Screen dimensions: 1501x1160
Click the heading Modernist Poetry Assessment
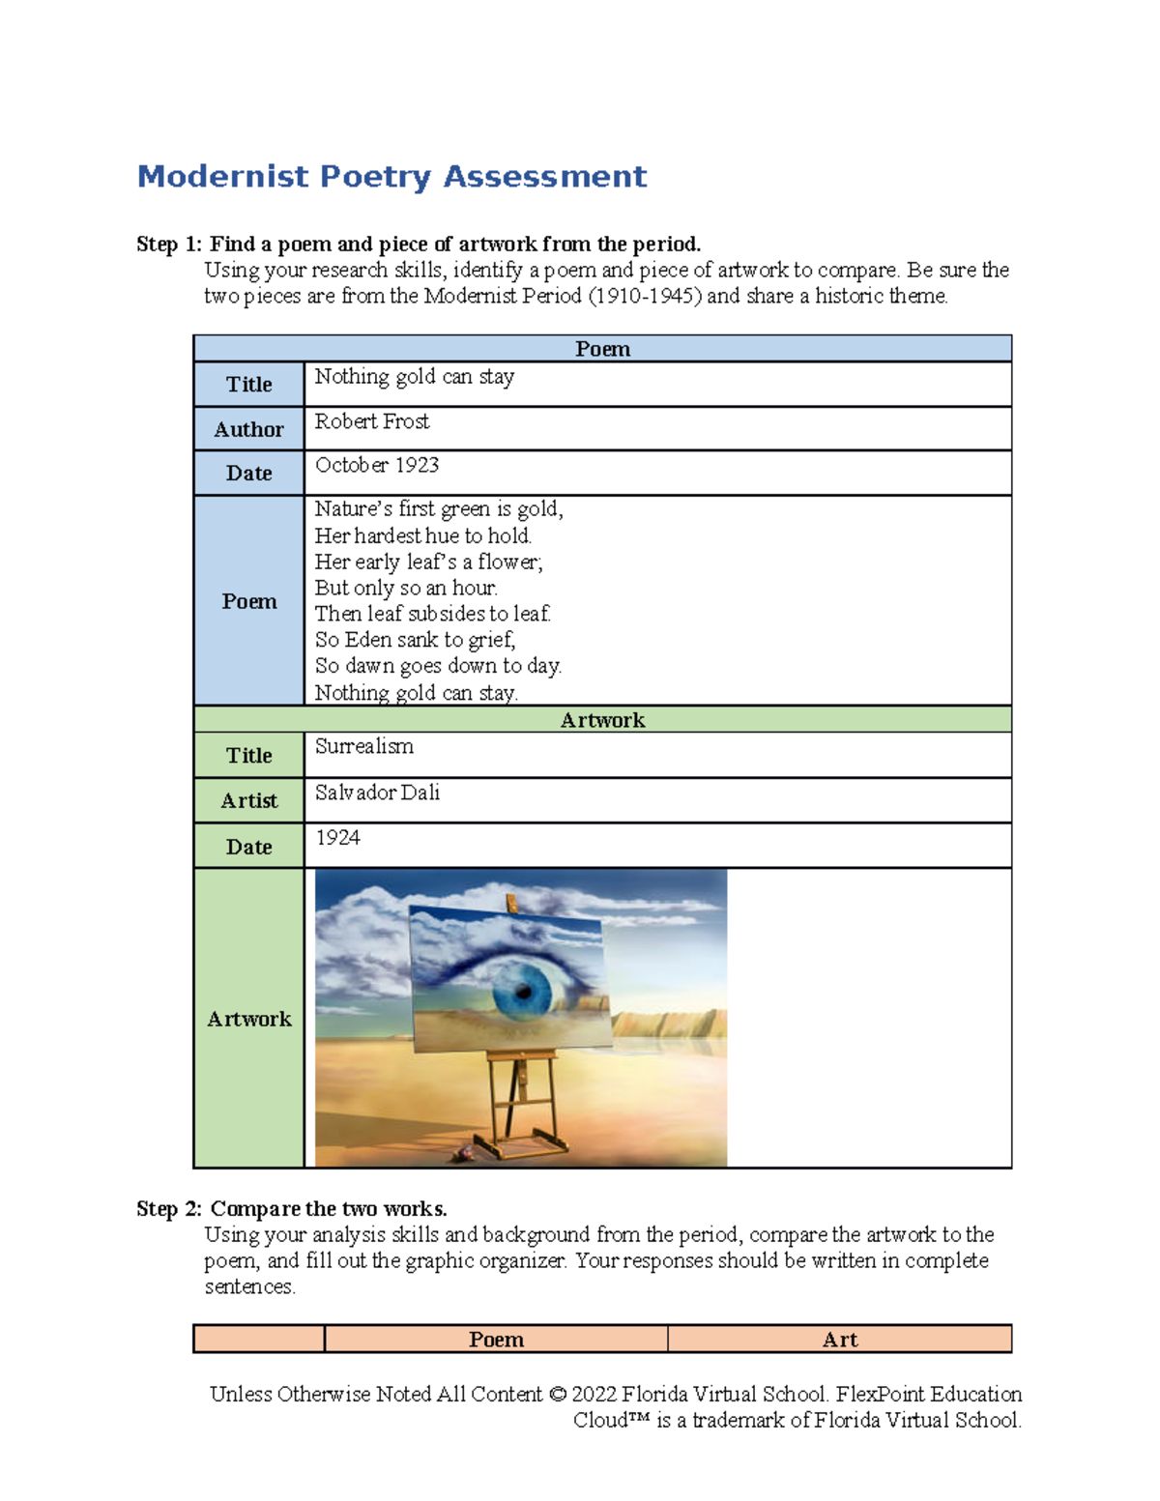pos(391,177)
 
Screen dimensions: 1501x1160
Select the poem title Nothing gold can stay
pos(414,377)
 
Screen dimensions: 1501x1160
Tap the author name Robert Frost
pos(372,421)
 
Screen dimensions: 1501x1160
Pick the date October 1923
pos(376,465)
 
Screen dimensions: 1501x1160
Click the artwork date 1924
pos(337,837)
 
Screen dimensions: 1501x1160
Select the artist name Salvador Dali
pos(377,793)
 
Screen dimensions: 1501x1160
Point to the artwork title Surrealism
pos(363,746)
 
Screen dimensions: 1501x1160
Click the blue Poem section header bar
pos(602,349)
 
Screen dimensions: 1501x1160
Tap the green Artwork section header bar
pos(602,720)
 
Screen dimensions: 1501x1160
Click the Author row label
pos(248,429)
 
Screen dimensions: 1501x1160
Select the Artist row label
pos(248,800)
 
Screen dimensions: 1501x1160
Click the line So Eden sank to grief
pos(415,640)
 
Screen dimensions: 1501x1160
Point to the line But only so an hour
pos(406,588)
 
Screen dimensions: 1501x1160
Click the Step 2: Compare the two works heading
pos(291,1209)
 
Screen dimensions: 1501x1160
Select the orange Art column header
pos(839,1340)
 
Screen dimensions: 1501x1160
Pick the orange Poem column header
pos(496,1340)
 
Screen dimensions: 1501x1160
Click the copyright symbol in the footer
pos(557,1395)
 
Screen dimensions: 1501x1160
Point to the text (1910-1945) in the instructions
pos(644,297)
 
